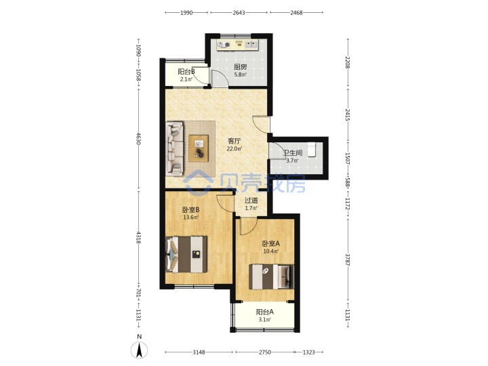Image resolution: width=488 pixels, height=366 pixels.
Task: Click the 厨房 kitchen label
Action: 240,66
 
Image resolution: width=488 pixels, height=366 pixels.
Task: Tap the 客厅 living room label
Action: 234,141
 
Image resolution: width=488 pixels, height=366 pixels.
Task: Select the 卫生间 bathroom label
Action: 293,152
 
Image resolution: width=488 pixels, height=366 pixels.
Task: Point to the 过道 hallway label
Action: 251,201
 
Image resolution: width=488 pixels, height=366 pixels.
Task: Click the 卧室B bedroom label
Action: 190,209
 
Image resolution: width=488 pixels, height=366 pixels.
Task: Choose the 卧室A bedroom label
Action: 270,243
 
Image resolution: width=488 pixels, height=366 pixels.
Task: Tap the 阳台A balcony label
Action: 264,312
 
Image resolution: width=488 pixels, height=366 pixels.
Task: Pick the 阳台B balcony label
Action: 186,72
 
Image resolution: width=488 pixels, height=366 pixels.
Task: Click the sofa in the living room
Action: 175,148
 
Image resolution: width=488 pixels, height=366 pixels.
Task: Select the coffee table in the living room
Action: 199,148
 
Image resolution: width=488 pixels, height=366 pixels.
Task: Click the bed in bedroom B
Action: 186,255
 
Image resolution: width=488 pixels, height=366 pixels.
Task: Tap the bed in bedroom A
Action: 271,277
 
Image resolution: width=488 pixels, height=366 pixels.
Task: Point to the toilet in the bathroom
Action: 312,150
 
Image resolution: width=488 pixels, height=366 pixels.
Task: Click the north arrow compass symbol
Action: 139,350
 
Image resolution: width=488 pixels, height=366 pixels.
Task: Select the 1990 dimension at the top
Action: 186,13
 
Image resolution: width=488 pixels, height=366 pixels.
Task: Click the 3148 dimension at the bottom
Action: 199,352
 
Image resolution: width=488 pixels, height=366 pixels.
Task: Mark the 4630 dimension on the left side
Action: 139,138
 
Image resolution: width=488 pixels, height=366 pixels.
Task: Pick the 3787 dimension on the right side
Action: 348,260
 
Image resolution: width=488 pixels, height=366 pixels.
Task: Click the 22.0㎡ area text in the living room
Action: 234,148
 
